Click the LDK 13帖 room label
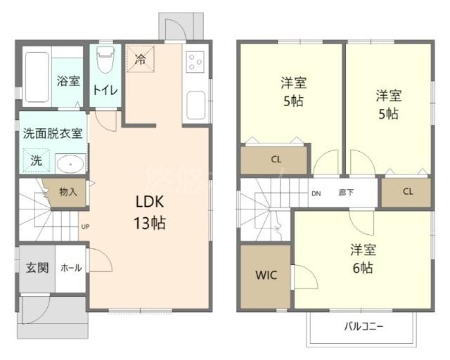click(x=150, y=213)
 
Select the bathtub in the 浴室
click(x=35, y=77)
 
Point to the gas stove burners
click(x=195, y=63)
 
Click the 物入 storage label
click(x=68, y=191)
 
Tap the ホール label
click(x=70, y=268)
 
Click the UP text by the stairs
click(x=85, y=226)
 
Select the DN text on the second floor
click(x=316, y=193)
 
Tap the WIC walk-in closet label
click(x=265, y=274)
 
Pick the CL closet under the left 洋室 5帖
click(x=276, y=159)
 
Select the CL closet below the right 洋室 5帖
click(x=408, y=191)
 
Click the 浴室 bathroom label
click(x=68, y=81)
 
